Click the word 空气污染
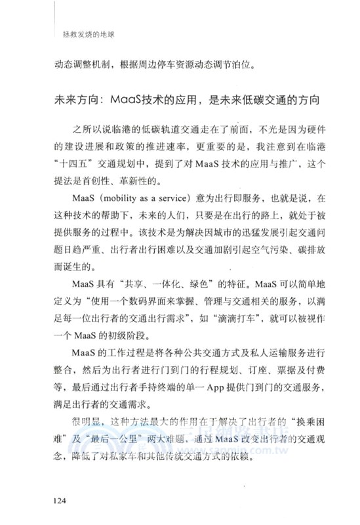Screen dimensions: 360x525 (264, 249)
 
